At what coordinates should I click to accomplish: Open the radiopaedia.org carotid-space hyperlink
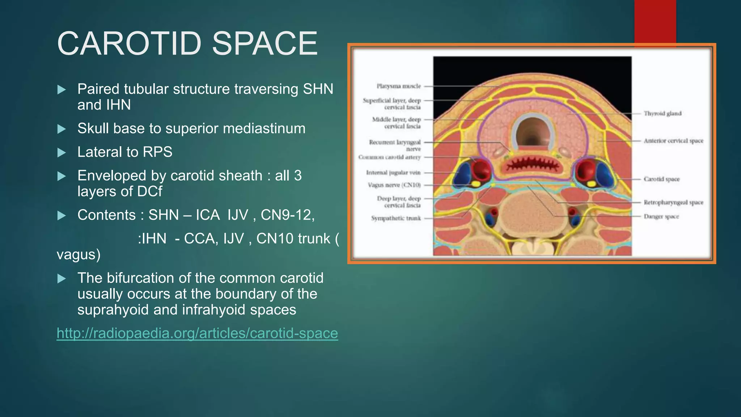coord(197,333)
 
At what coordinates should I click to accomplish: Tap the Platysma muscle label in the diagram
coord(399,86)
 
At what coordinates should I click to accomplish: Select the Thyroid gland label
coord(662,114)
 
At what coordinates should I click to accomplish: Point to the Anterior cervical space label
coord(673,141)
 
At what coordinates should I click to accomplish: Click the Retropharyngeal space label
coord(673,202)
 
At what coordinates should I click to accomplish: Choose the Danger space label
coord(661,216)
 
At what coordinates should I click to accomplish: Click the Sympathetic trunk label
coord(396,218)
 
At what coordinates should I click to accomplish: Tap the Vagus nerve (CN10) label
coord(394,185)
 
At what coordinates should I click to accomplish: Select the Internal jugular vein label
coord(393,173)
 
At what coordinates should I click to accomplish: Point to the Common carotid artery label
coord(390,157)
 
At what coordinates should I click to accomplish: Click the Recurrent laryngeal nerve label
coord(395,146)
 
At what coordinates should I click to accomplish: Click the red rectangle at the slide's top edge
coord(655,22)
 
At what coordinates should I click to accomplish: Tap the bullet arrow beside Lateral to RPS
coord(62,152)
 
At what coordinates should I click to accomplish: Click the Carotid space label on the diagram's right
coord(661,179)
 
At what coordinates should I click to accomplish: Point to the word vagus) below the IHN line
coord(79,254)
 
